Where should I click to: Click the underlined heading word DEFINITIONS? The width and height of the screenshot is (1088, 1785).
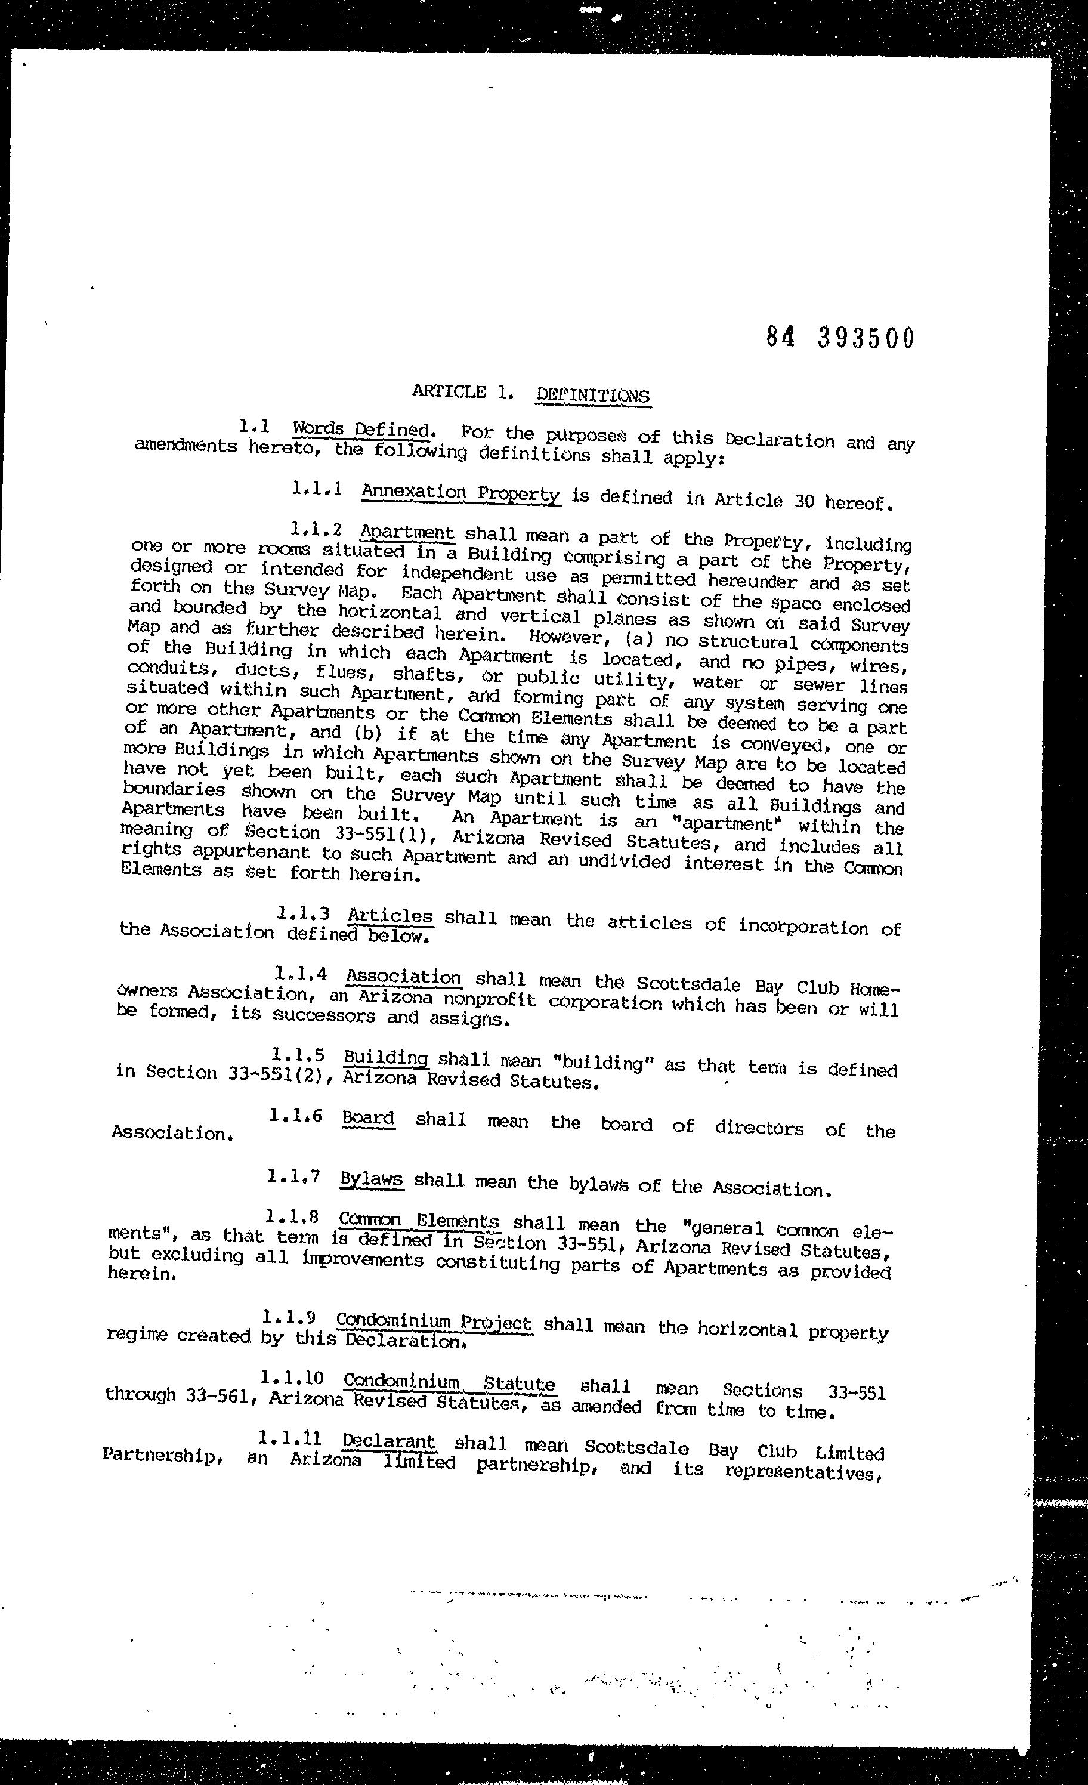click(x=592, y=395)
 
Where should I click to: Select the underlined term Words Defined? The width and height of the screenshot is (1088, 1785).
click(x=361, y=429)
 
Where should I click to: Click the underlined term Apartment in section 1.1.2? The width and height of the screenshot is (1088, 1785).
click(x=407, y=533)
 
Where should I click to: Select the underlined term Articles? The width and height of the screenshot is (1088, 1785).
click(x=390, y=916)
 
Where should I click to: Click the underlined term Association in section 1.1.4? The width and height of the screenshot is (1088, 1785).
click(x=403, y=977)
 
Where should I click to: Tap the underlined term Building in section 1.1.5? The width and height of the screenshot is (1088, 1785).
click(x=385, y=1057)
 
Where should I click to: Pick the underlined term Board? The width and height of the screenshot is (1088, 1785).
click(x=368, y=1118)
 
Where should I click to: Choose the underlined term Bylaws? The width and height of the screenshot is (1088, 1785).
click(x=371, y=1179)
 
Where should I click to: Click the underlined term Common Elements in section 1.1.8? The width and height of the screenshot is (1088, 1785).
click(x=419, y=1221)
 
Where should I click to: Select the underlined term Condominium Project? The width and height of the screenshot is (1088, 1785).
click(x=433, y=1322)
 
